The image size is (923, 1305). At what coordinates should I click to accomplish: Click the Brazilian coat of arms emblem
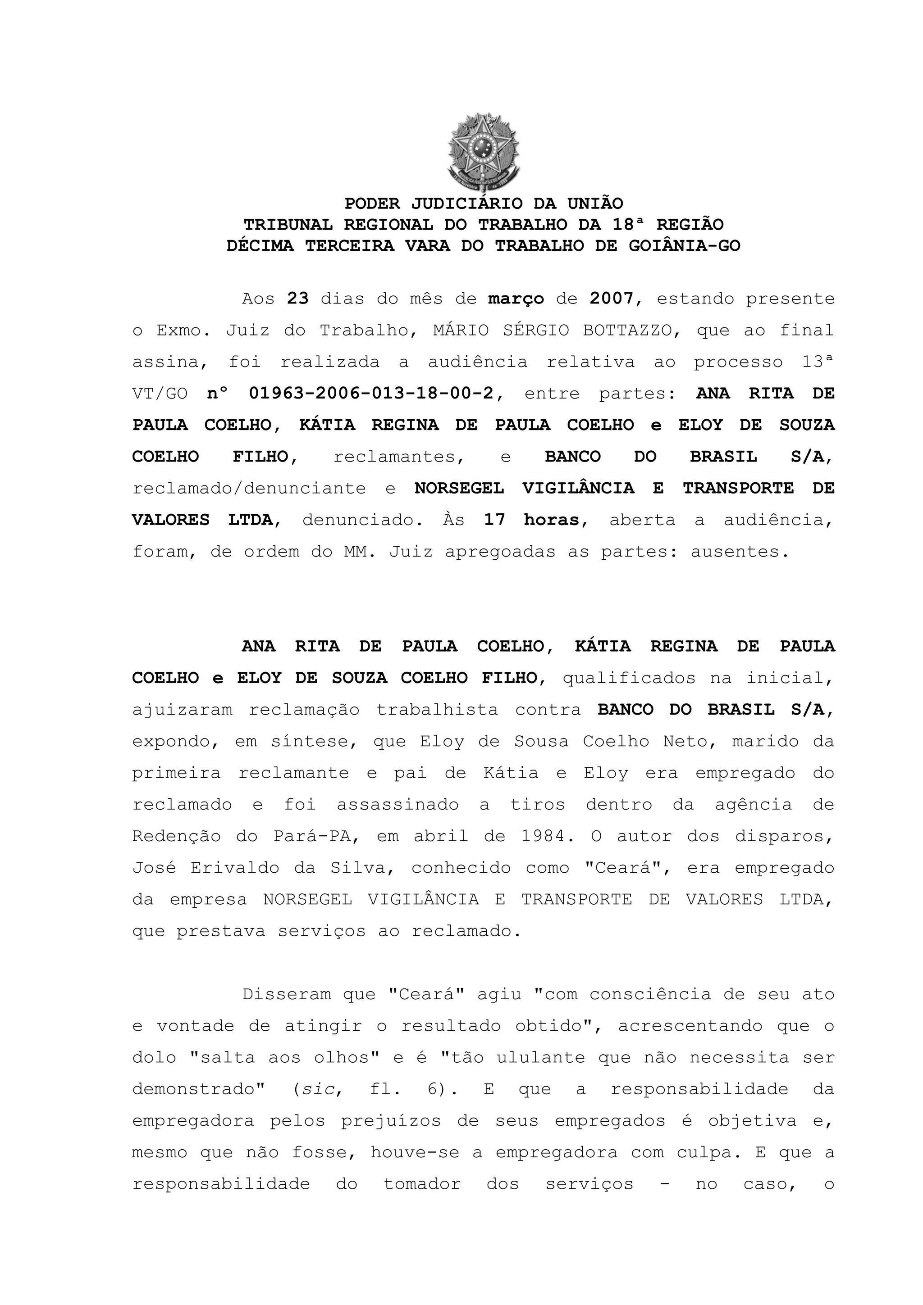click(484, 152)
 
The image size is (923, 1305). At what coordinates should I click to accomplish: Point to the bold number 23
click(297, 299)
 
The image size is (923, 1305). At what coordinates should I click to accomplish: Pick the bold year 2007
click(612, 299)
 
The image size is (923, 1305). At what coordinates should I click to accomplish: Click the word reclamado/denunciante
click(249, 488)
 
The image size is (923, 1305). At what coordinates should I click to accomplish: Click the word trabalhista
click(437, 710)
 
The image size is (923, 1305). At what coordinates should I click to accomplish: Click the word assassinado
click(398, 805)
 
